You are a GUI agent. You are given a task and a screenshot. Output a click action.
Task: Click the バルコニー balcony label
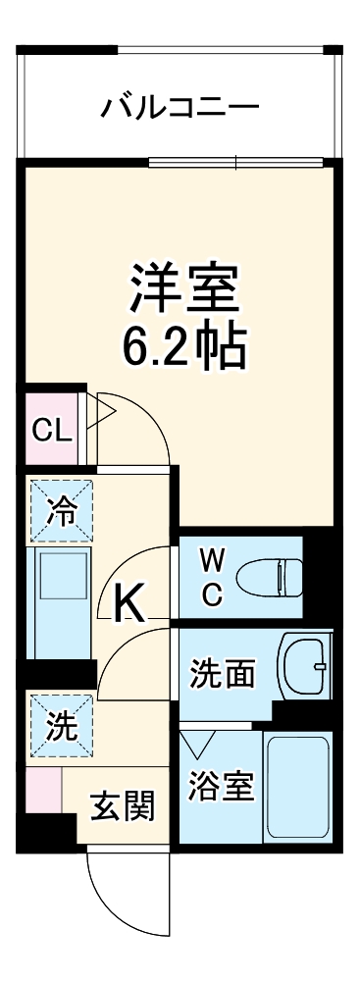click(x=180, y=105)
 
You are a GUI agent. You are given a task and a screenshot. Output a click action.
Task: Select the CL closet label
click(x=50, y=430)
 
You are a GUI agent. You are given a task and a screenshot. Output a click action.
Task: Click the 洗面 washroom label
click(x=223, y=673)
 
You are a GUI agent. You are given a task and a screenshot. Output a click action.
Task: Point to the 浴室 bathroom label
click(x=222, y=786)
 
